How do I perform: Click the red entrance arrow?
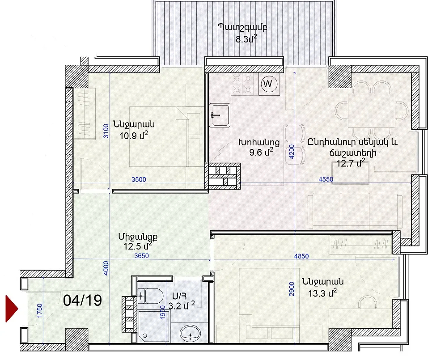(x=12, y=309)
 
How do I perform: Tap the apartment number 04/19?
(x=82, y=300)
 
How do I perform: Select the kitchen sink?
(x=220, y=115)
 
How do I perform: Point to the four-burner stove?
(x=242, y=84)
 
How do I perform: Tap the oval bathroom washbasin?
(x=190, y=334)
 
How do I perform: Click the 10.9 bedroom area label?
(x=134, y=135)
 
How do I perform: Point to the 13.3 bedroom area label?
(x=322, y=293)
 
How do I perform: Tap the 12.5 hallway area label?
(x=137, y=246)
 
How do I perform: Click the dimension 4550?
(x=326, y=179)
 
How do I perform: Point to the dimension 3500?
(x=139, y=180)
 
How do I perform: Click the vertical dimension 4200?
(x=291, y=152)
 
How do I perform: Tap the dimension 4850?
(x=301, y=256)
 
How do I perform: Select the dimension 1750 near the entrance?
(x=39, y=311)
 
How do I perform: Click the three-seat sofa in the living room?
(x=355, y=211)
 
